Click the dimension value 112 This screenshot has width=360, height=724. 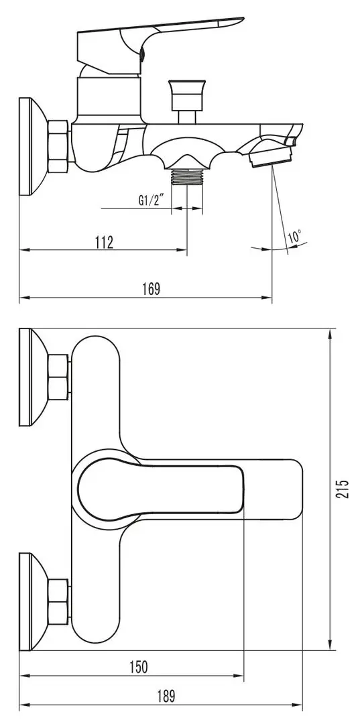point(103,242)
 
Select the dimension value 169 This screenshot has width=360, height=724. point(152,289)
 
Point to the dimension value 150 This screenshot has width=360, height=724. point(137,667)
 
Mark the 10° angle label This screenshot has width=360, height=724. point(295,237)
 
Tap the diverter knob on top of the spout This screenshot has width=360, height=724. point(186,93)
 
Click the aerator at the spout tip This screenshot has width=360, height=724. point(271,158)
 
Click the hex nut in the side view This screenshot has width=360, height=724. point(59,148)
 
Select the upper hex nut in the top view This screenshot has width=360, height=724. point(59,377)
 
